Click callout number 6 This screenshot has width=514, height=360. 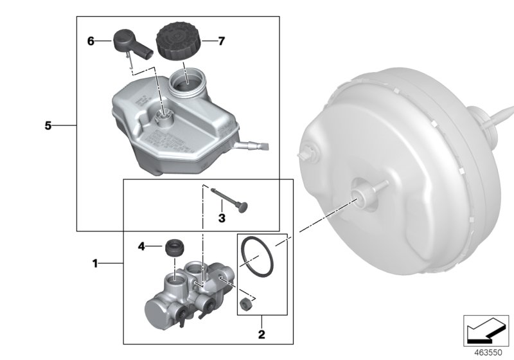click(91, 41)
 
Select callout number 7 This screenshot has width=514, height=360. click(222, 41)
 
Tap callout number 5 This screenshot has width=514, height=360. click(48, 126)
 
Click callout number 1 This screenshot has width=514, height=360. click(95, 263)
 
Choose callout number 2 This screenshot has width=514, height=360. click(261, 334)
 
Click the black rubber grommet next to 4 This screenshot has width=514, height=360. click(174, 247)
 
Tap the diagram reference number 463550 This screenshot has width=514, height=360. click(488, 352)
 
